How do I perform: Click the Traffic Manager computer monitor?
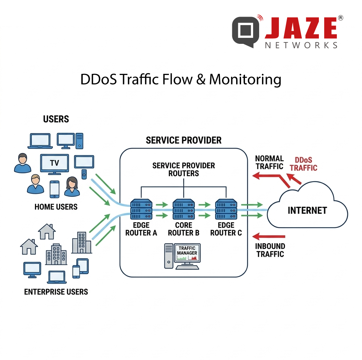187,254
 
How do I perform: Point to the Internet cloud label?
307,210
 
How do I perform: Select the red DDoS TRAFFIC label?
304,164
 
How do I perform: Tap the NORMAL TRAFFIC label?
269,162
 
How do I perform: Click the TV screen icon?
54,164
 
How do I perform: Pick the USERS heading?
56,119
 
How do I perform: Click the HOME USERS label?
56,207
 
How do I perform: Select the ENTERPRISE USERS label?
56,292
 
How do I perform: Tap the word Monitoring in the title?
245,80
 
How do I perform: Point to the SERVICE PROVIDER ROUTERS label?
183,169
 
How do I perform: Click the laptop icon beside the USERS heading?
40,141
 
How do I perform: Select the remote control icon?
84,174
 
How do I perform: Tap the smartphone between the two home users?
54,189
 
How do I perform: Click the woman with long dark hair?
72,186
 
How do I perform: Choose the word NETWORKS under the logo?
301,45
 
